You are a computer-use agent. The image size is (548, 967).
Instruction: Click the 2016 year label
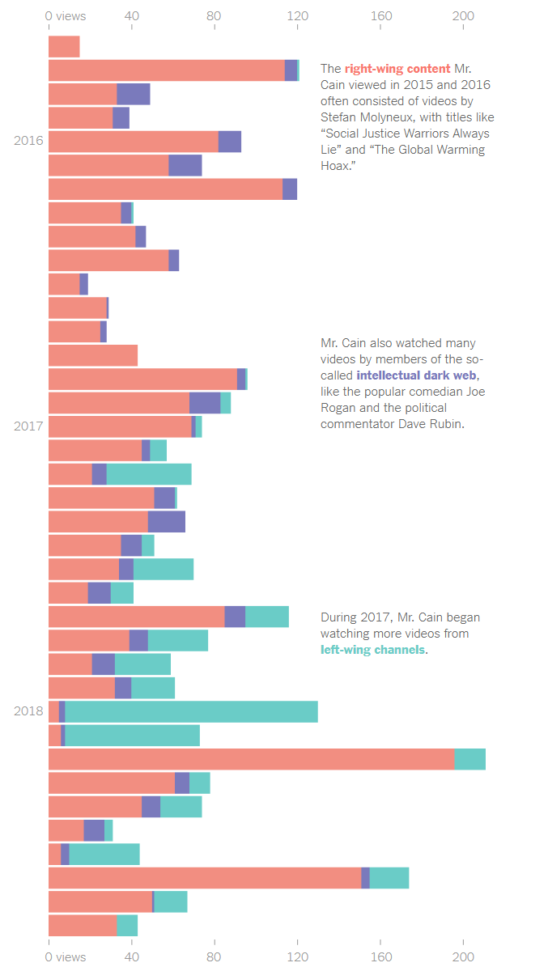tap(28, 141)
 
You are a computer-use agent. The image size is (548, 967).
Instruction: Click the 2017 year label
tap(28, 426)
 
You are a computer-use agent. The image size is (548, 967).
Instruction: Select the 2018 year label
tap(28, 711)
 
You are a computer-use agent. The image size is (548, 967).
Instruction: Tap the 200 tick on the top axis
tap(463, 15)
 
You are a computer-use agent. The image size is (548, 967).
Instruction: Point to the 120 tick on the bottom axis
tap(298, 956)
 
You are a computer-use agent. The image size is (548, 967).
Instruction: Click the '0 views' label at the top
tap(66, 15)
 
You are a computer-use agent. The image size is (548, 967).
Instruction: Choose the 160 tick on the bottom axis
tap(380, 956)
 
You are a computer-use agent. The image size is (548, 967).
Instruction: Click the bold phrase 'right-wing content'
tap(397, 69)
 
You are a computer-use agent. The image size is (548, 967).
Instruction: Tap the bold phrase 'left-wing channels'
tap(372, 650)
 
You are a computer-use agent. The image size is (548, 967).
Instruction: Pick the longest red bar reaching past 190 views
tap(251, 759)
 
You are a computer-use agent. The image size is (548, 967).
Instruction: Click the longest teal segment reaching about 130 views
tap(191, 712)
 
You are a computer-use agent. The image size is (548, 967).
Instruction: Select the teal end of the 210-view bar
tap(470, 759)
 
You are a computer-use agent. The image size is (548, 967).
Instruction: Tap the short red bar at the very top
tap(64, 47)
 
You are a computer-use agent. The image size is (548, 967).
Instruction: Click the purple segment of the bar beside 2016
tap(230, 142)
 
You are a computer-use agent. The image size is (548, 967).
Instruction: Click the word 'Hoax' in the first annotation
tap(337, 165)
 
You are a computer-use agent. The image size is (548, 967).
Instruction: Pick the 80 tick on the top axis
tap(215, 15)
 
